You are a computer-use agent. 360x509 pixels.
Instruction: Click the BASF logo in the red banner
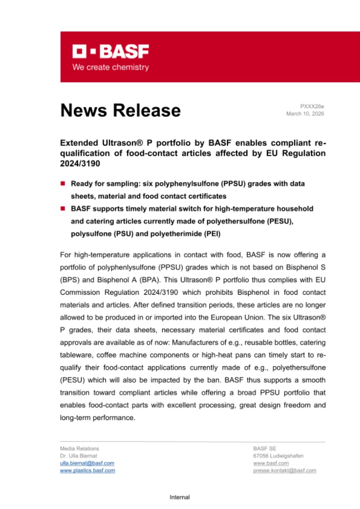pos(110,51)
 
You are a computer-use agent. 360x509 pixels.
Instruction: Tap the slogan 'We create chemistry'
pos(110,67)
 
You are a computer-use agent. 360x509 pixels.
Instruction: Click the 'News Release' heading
pos(120,110)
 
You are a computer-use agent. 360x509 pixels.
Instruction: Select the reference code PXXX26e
pos(312,106)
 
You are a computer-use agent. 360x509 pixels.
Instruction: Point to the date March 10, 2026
pos(305,114)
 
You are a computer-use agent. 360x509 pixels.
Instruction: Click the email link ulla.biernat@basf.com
pos(87,463)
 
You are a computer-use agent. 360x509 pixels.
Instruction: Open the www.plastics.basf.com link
pos(88,470)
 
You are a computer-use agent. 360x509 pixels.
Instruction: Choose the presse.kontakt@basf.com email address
pos(284,470)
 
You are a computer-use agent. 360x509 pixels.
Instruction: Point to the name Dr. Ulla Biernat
pos(78,456)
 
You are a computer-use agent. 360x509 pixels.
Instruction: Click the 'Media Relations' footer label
pos(80,449)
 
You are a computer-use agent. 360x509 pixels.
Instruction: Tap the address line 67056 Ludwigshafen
pos(278,456)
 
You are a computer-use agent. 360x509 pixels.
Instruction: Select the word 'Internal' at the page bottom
pos(180,497)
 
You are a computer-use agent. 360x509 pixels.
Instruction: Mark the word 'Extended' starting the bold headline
pos(78,142)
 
